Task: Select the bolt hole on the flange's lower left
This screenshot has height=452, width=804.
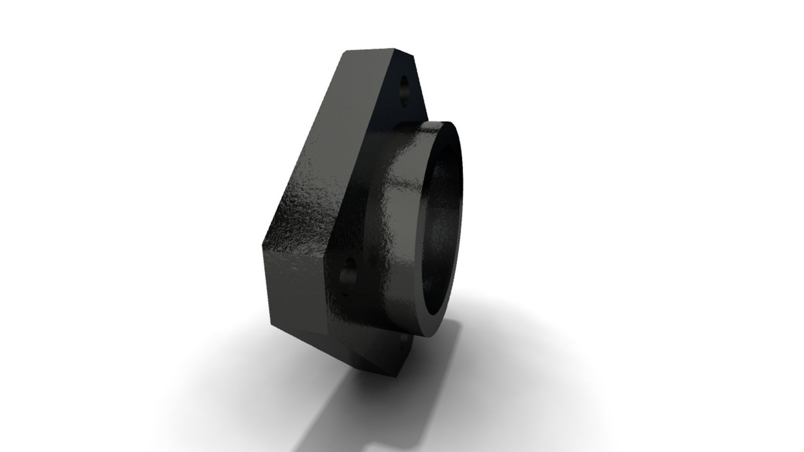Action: pos(348,277)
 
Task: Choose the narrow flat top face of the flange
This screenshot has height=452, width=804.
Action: pos(377,52)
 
